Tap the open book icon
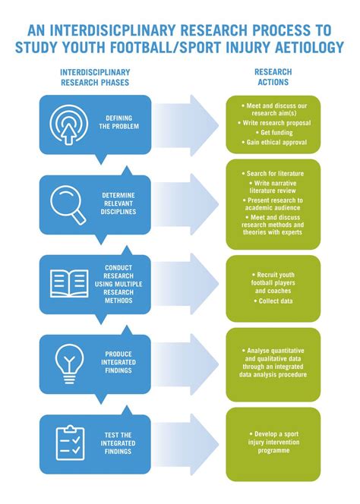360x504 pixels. click(69, 284)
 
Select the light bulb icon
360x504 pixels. click(69, 364)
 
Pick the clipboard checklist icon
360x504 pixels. click(70, 443)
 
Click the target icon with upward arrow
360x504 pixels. click(69, 124)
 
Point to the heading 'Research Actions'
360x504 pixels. click(273, 77)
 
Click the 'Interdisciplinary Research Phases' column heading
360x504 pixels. click(95, 77)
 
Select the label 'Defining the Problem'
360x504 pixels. click(118, 122)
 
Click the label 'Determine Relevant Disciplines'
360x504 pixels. click(118, 203)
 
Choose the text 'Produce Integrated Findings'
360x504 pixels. click(118, 362)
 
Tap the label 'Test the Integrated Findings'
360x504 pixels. click(118, 443)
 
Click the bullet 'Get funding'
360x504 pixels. click(274, 132)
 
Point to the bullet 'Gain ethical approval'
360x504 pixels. click(274, 142)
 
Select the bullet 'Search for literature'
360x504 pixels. click(273, 174)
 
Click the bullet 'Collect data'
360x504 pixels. click(273, 301)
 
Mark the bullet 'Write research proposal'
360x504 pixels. click(274, 123)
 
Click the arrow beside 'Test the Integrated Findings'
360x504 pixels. click(185, 445)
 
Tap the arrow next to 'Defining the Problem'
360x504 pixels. click(185, 126)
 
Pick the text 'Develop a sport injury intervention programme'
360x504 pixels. click(273, 442)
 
